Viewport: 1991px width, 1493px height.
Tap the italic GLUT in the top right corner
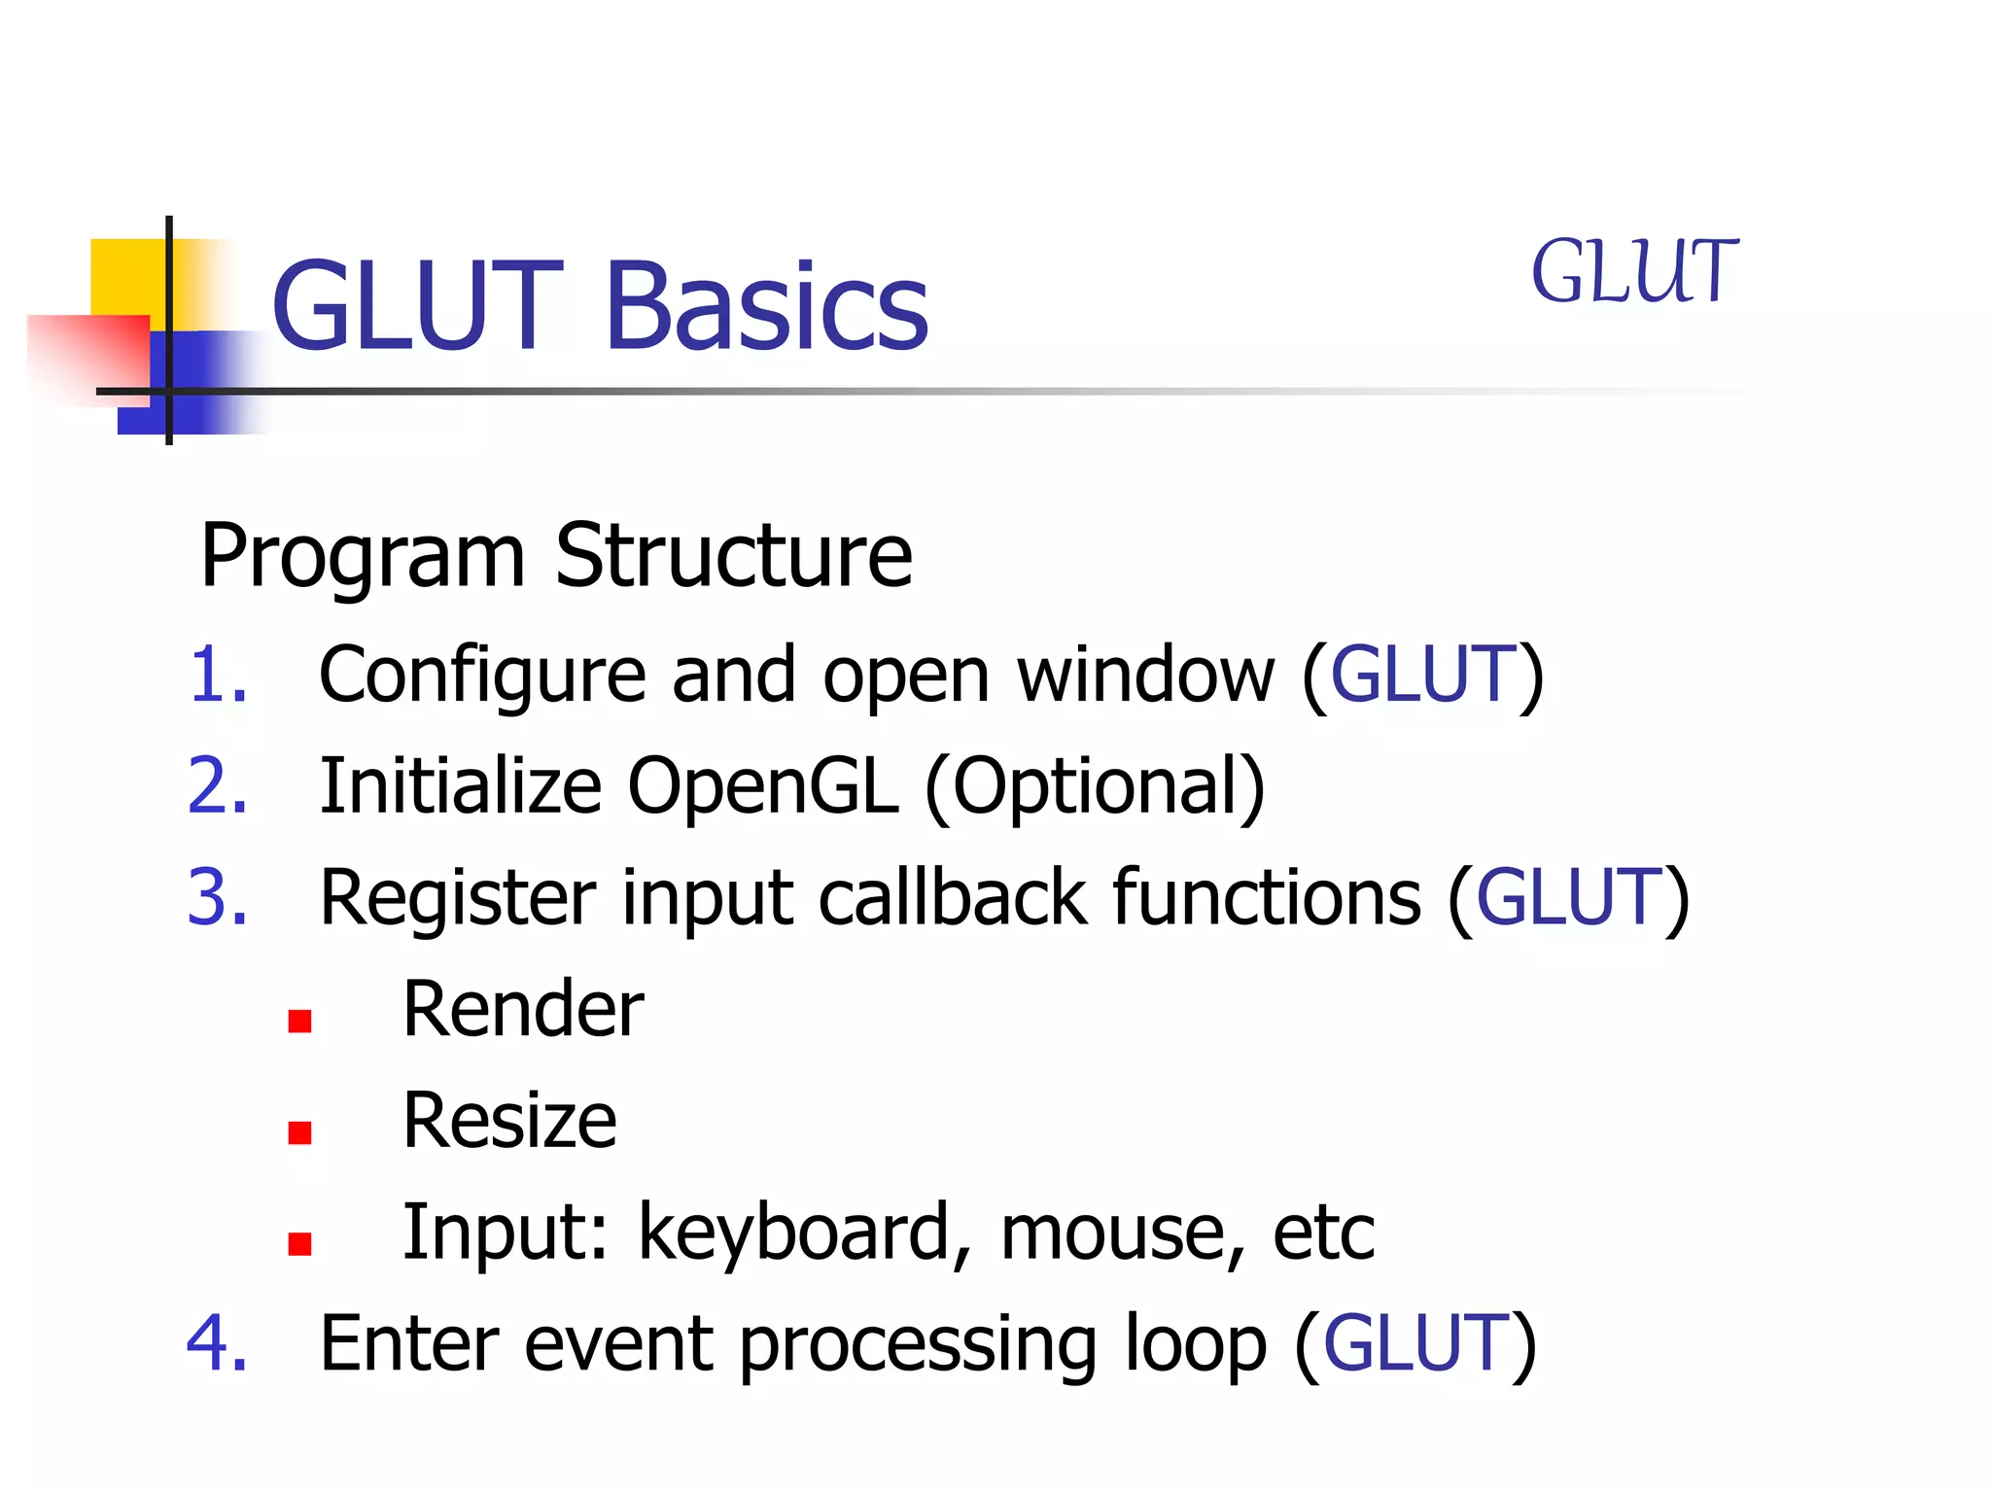(1634, 272)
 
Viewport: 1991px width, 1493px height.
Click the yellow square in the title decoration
(126, 277)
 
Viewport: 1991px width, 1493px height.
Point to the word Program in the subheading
(363, 558)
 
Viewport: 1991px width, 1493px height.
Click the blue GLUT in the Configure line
(1422, 675)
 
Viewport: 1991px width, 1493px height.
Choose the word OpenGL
(762, 787)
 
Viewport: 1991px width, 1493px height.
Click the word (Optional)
(1095, 787)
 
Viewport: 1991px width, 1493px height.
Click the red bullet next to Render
(299, 1021)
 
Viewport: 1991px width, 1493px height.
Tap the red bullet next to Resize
(299, 1132)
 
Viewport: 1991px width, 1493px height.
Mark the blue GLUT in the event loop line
(1415, 1342)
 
